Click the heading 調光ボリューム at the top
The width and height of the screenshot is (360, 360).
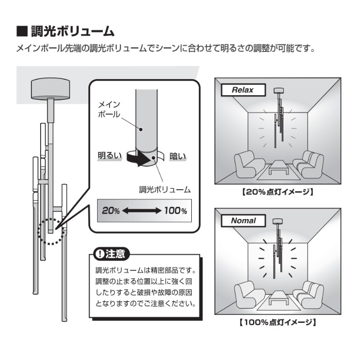click(x=73, y=31)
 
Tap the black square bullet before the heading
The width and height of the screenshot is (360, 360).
click(x=22, y=31)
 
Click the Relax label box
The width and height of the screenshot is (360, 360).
click(x=243, y=90)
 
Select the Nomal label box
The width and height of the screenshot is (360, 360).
click(x=243, y=221)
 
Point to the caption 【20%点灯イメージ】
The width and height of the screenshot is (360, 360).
click(x=278, y=192)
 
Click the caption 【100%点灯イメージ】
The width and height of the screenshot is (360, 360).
click(x=278, y=322)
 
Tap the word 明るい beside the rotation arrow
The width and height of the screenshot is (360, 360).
click(x=110, y=155)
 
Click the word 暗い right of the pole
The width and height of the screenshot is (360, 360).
click(x=177, y=156)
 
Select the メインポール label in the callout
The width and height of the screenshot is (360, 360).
click(x=109, y=110)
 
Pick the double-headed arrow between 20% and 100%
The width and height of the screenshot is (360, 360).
click(x=141, y=210)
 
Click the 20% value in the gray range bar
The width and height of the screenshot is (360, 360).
click(x=111, y=210)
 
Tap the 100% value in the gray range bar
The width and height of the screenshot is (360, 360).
click(x=176, y=210)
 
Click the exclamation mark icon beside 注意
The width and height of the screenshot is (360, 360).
click(x=100, y=254)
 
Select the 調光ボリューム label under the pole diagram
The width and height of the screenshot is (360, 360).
click(x=165, y=190)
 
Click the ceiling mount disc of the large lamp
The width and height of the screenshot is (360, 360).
click(x=50, y=89)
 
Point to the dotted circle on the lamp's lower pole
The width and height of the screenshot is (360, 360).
click(x=51, y=231)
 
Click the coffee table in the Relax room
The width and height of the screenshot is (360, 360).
click(x=279, y=167)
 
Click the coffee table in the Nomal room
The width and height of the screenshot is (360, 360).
click(x=279, y=298)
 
